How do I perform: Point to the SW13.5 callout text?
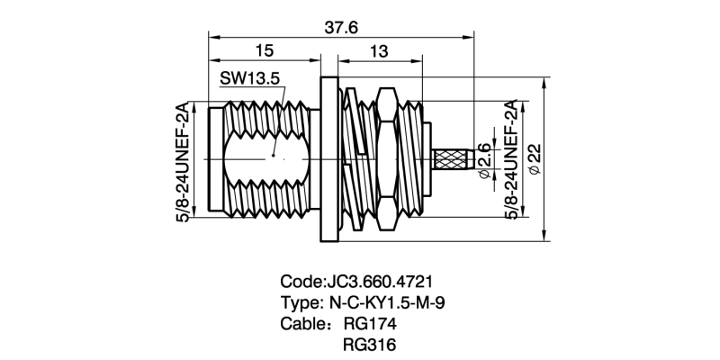[x=249, y=78]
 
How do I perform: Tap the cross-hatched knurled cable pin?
[x=453, y=160]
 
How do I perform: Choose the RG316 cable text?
[x=369, y=345]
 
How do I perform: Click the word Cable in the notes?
[x=303, y=323]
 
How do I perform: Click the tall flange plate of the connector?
[x=328, y=159]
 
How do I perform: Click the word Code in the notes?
[x=301, y=281]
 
